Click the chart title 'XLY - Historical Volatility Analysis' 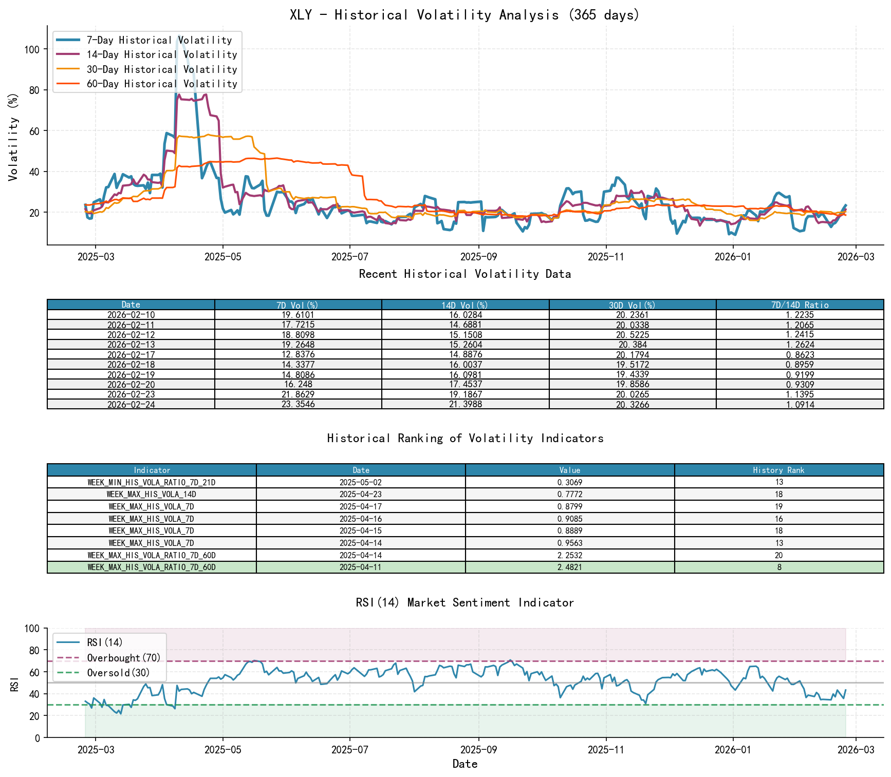[x=465, y=14]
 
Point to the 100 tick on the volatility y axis [x=32, y=49]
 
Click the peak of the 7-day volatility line [x=178, y=36]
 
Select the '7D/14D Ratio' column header [x=800, y=305]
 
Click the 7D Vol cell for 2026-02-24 [x=298, y=405]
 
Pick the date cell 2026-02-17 [x=131, y=355]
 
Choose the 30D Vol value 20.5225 [x=633, y=335]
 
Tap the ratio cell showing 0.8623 [x=800, y=355]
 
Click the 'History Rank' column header [x=778, y=470]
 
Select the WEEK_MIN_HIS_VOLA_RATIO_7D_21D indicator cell [x=152, y=483]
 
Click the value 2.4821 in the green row [x=569, y=567]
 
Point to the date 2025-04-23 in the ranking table [x=361, y=495]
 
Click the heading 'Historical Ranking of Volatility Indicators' [x=465, y=438]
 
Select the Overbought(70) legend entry [x=123, y=658]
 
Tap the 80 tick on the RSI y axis [x=33, y=651]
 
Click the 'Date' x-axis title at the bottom [x=465, y=764]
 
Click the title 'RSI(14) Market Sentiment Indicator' [x=465, y=602]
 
